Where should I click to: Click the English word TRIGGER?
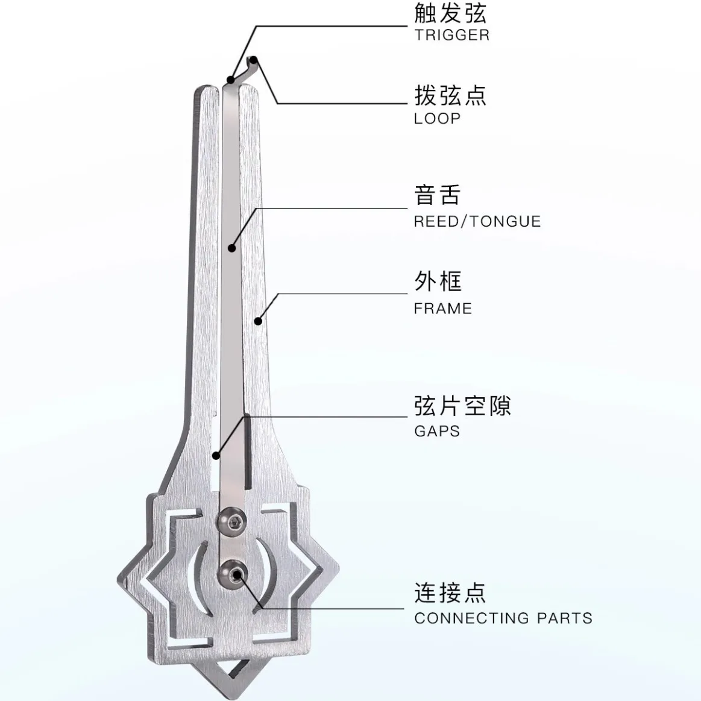point(452,35)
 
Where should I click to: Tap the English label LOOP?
point(437,119)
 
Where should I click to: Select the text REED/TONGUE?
point(477,221)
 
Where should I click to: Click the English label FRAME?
point(443,309)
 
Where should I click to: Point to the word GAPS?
point(437,431)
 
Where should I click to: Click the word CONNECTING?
point(472,618)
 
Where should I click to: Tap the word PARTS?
point(565,618)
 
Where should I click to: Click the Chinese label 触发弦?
point(450,13)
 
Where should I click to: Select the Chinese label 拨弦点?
point(450,95)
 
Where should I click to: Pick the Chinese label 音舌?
point(438,195)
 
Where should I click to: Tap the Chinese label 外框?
point(438,281)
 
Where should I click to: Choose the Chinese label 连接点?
point(450,593)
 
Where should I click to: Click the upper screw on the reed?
point(231,520)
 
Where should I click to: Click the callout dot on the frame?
point(258,321)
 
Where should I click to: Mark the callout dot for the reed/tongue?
point(231,248)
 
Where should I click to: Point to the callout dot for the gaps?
point(216,456)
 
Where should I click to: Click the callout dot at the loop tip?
point(254,59)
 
